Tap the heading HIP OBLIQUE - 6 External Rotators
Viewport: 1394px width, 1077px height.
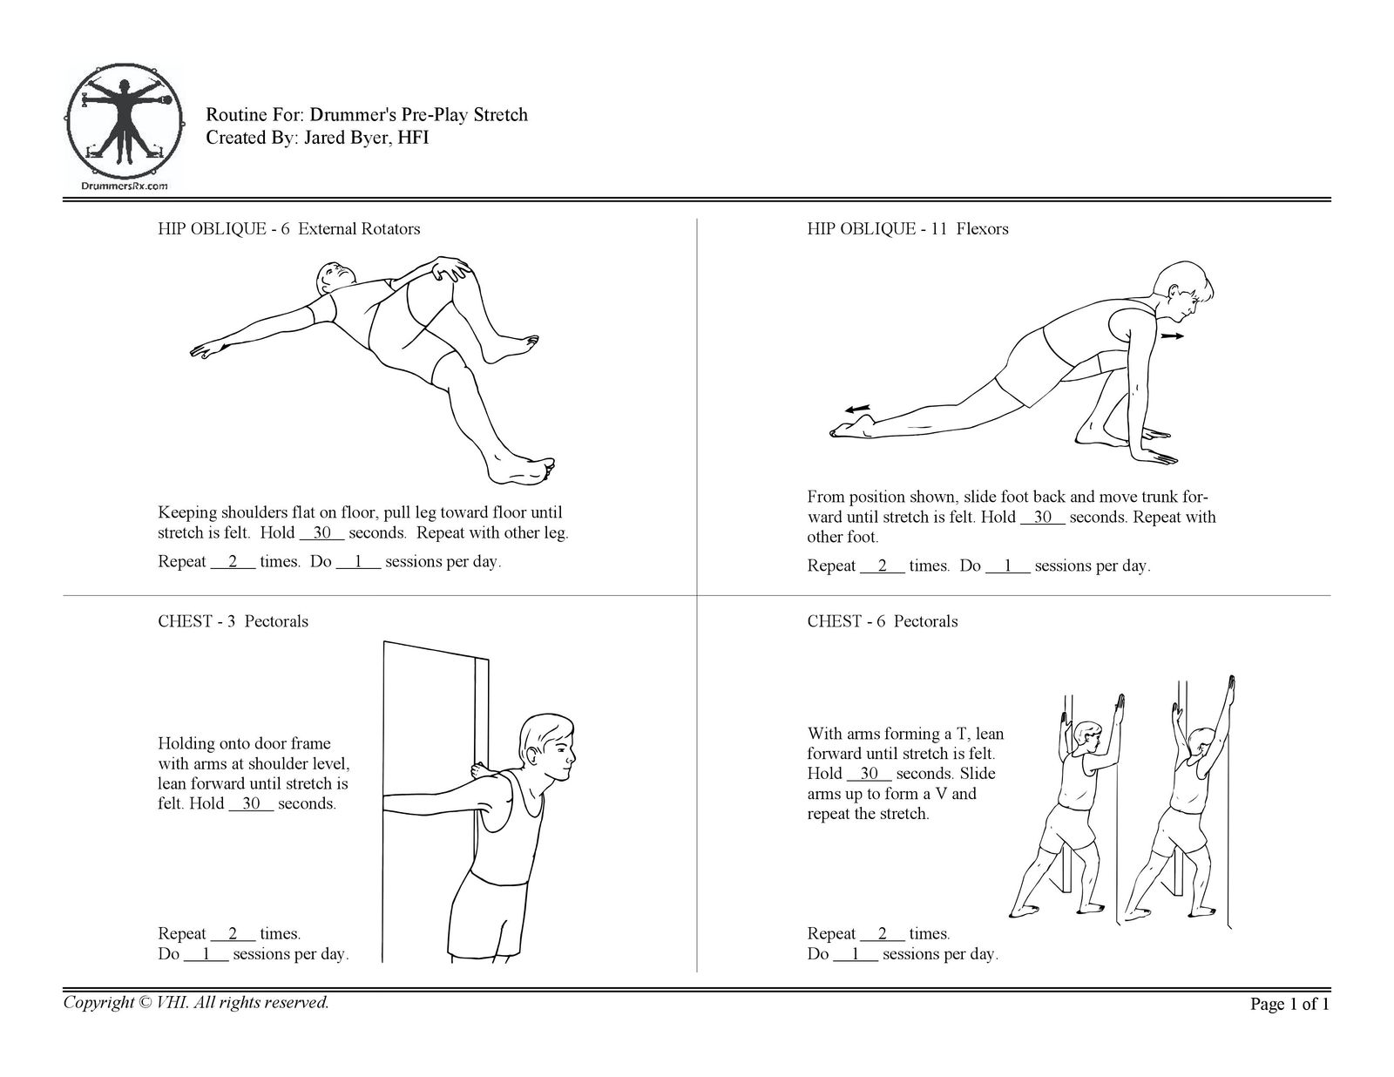[288, 229]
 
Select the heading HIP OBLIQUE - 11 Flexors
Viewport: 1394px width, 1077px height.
[907, 229]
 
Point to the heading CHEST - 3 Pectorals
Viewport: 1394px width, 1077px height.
[233, 621]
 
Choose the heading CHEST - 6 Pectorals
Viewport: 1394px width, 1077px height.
[882, 621]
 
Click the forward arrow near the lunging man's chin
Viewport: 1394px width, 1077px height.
[1172, 335]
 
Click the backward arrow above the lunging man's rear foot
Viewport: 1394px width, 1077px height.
[857, 408]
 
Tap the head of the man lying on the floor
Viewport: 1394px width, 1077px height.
[335, 277]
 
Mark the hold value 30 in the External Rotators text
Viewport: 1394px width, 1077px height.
[321, 532]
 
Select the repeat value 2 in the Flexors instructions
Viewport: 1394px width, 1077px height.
[882, 566]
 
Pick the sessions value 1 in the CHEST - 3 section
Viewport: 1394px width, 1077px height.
[206, 954]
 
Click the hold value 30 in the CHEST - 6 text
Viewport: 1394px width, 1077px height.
[869, 773]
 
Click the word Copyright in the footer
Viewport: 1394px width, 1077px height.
[98, 1003]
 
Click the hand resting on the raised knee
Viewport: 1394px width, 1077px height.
[451, 268]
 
